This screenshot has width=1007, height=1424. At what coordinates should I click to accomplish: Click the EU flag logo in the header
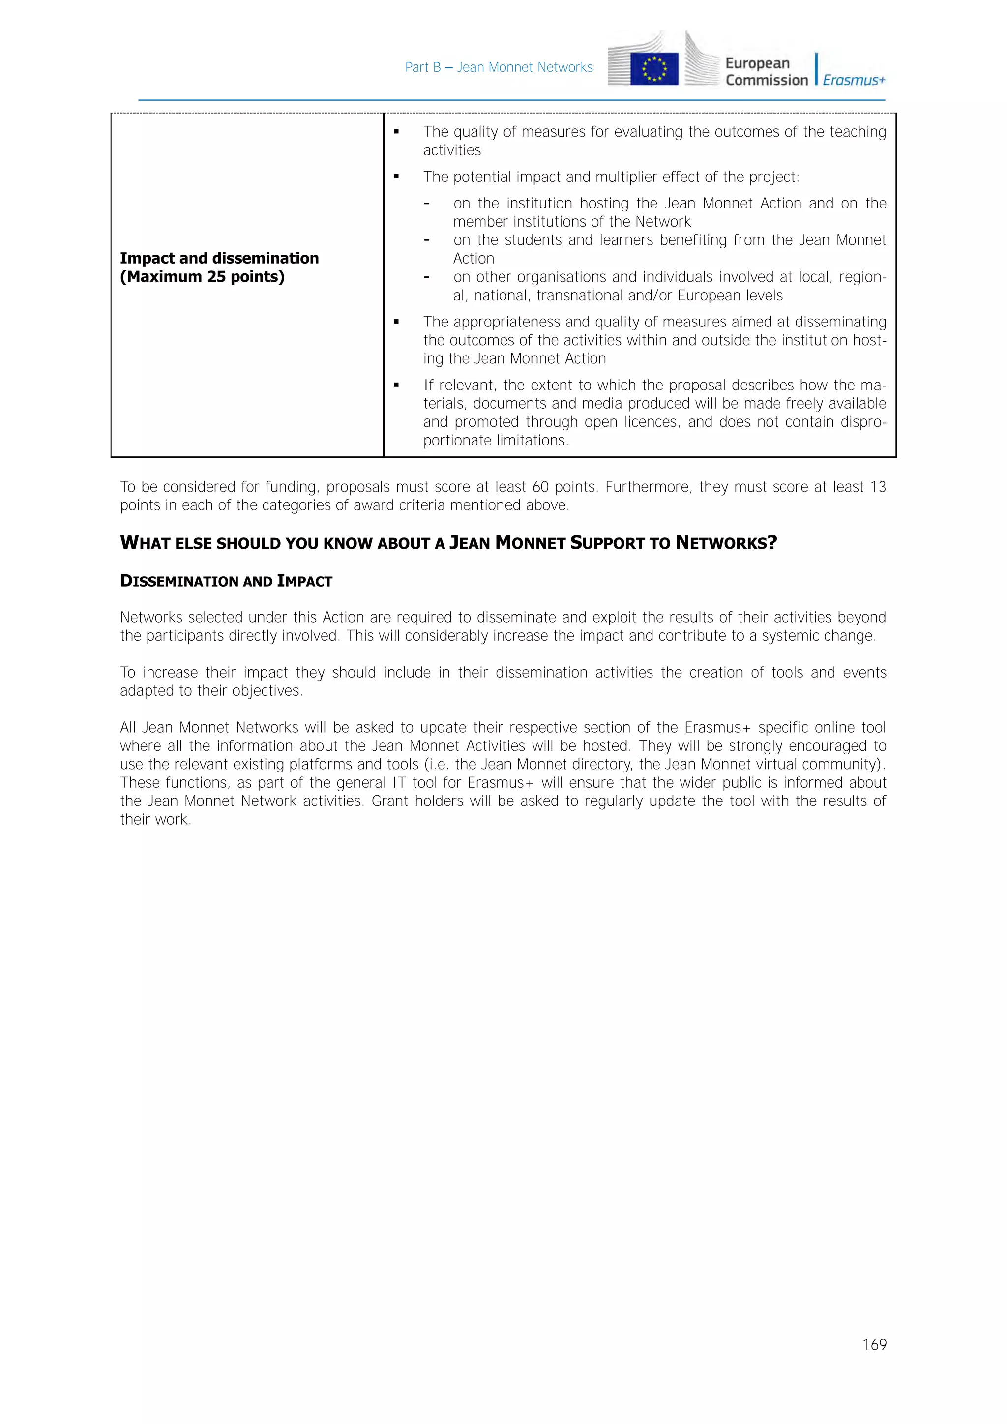tap(653, 68)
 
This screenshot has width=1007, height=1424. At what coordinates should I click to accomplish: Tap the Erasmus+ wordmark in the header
tap(854, 80)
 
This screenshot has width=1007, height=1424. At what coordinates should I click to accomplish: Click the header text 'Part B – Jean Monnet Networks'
tap(499, 67)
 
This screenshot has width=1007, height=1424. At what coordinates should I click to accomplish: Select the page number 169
tap(874, 1345)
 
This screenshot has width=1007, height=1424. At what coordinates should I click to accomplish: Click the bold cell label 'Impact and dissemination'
tap(219, 258)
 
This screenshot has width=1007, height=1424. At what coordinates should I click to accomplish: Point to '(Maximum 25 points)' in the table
tap(202, 277)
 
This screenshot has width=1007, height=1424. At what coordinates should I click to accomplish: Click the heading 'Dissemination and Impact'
tap(226, 581)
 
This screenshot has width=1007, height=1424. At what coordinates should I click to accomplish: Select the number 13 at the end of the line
tap(878, 487)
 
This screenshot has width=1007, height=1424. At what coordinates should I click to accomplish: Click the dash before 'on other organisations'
tap(427, 277)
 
